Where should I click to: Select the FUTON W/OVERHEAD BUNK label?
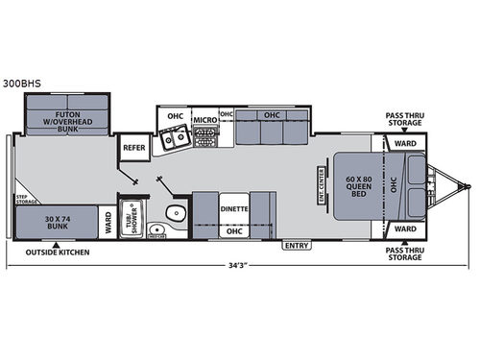pyautogui.click(x=66, y=120)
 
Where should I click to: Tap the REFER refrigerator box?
pyautogui.click(x=131, y=149)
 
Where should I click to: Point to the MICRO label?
pyautogui.click(x=204, y=122)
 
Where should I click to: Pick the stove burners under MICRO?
pyautogui.click(x=204, y=139)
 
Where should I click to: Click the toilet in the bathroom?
pyautogui.click(x=174, y=214)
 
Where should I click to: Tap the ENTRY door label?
pyautogui.click(x=296, y=246)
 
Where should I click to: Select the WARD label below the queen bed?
pyautogui.click(x=405, y=229)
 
